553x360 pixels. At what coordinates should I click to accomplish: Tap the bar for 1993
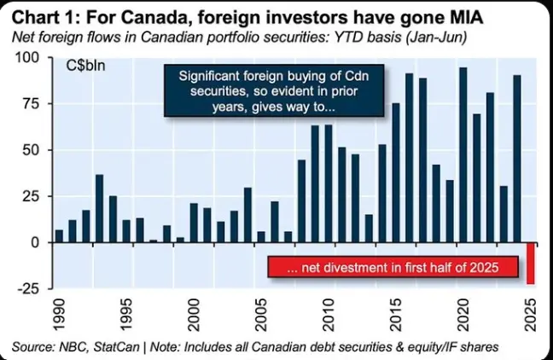tap(99, 208)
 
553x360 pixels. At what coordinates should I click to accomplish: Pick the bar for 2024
tap(517, 159)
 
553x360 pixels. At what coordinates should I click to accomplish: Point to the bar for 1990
tap(59, 235)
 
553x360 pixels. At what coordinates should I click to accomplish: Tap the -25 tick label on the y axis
tap(27, 288)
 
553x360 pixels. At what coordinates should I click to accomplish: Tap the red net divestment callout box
tap(393, 267)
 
